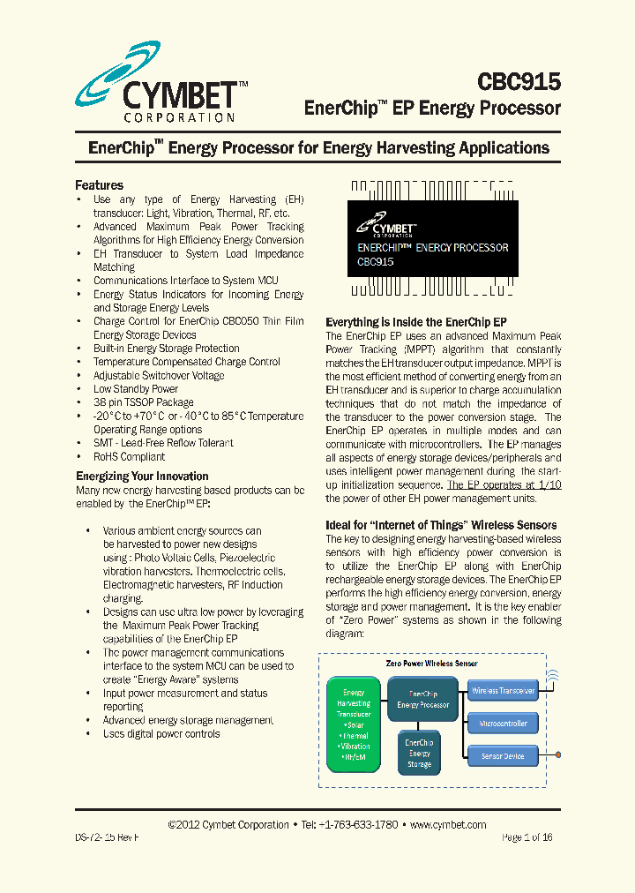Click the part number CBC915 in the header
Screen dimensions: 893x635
click(519, 82)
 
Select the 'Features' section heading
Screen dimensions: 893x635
click(99, 185)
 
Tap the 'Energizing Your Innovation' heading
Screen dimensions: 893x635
click(142, 476)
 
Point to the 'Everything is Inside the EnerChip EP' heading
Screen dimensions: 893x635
click(416, 322)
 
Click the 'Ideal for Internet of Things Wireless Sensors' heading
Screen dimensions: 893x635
click(441, 525)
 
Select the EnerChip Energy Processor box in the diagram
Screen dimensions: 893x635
click(422, 700)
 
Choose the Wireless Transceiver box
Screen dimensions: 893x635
click(502, 691)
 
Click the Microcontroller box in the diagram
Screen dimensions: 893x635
click(502, 724)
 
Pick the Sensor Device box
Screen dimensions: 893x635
click(502, 756)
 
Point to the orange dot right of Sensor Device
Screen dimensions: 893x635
click(558, 755)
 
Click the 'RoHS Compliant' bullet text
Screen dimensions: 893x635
click(129, 457)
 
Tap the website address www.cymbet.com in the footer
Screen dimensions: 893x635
click(448, 825)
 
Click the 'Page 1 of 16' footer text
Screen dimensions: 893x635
click(527, 837)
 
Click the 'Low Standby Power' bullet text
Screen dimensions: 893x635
click(136, 389)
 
